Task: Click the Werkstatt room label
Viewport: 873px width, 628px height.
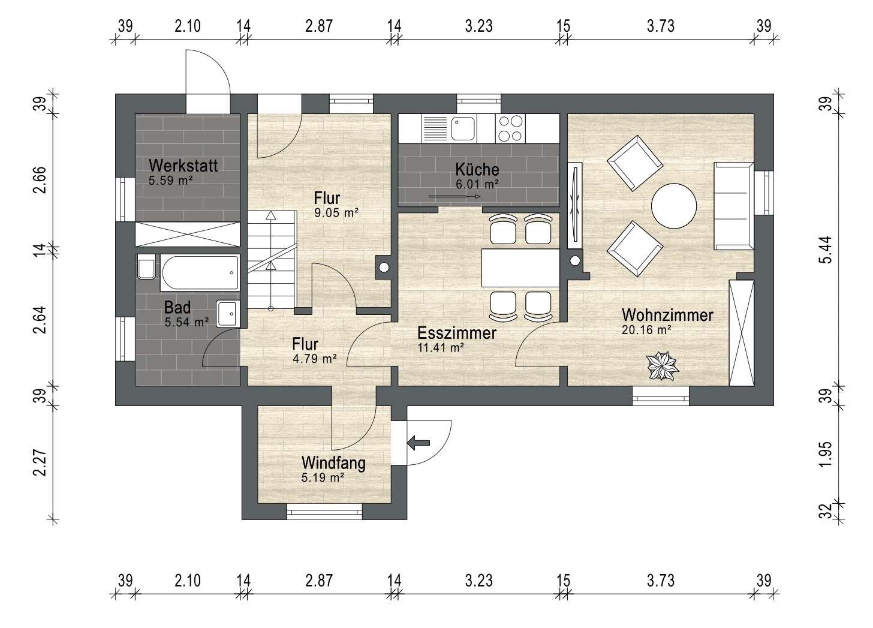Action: [183, 166]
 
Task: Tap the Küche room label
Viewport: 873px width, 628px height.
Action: [477, 170]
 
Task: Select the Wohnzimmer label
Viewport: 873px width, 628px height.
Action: [667, 315]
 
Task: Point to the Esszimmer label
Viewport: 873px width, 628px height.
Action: [457, 333]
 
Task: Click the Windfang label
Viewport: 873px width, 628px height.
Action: [333, 463]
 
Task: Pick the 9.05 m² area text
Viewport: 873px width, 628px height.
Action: [336, 213]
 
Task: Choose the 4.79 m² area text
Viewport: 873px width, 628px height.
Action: [315, 359]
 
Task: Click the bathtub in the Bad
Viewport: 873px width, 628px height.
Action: [200, 272]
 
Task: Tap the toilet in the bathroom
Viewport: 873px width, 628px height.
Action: [146, 267]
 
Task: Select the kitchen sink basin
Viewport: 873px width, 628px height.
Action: [463, 128]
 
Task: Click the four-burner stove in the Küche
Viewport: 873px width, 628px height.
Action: [510, 128]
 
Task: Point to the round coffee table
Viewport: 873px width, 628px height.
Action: [674, 206]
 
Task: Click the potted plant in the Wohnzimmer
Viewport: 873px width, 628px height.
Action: [662, 366]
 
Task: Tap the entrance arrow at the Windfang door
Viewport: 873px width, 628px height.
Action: [418, 443]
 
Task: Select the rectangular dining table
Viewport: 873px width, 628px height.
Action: [520, 268]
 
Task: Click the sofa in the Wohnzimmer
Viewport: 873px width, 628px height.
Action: [734, 206]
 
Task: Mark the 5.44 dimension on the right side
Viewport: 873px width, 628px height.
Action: [826, 250]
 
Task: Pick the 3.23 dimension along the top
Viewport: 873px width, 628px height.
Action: [479, 26]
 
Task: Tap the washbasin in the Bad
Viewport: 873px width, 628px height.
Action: [228, 314]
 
